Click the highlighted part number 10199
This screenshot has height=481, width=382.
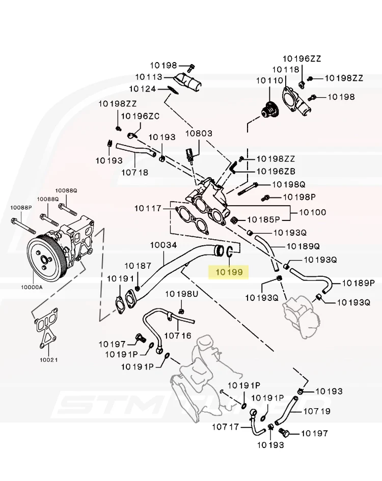tap(229, 272)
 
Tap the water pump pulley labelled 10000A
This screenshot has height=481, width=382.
tap(45, 258)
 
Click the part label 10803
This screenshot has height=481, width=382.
tap(198, 133)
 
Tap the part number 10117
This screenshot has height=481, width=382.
tap(148, 208)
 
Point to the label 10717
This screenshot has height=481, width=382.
tap(226, 427)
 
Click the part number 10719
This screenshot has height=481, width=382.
tap(316, 411)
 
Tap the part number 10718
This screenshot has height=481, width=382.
tap(134, 173)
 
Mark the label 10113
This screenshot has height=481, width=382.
tap(148, 77)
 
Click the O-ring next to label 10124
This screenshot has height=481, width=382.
tap(172, 91)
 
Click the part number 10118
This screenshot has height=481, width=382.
tap(286, 69)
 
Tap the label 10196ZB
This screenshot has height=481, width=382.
tap(276, 172)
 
